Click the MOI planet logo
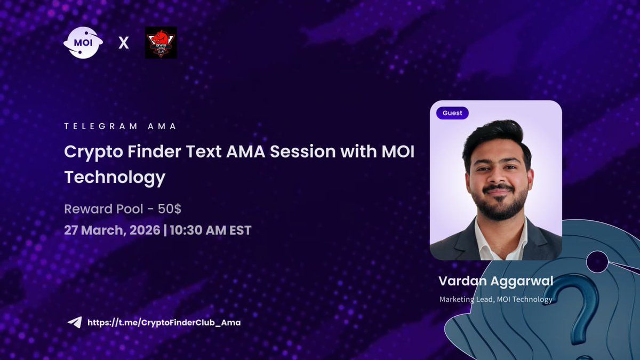(83, 43)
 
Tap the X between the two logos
(123, 43)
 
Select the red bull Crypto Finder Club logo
(161, 43)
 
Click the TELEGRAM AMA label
(121, 127)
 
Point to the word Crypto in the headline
(93, 152)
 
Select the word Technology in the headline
(115, 177)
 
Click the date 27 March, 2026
(112, 230)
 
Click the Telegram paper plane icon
(74, 323)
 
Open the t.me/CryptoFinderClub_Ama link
(164, 323)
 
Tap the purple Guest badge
(452, 113)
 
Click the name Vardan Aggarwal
(495, 281)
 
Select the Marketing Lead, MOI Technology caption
(495, 299)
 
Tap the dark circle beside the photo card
(597, 261)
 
